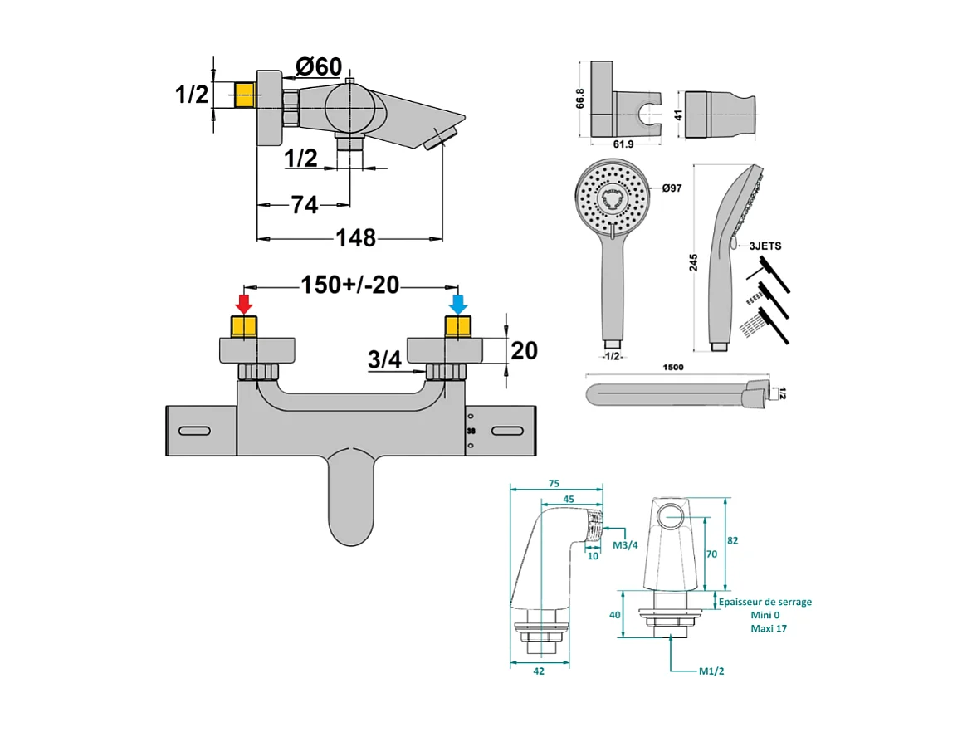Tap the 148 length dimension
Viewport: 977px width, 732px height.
coord(355,238)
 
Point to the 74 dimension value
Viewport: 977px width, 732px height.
coord(305,204)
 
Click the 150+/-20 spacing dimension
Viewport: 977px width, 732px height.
coord(349,285)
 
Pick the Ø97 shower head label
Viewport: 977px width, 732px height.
coord(672,189)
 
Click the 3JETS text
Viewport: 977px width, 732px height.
coord(765,246)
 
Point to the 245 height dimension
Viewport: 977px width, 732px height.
coord(694,261)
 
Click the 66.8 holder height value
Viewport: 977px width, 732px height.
coord(581,98)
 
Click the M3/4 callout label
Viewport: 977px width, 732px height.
coord(625,545)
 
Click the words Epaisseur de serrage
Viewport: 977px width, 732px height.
coord(765,602)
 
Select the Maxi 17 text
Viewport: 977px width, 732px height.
coord(768,628)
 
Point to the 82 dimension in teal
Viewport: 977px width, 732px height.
coord(732,539)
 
